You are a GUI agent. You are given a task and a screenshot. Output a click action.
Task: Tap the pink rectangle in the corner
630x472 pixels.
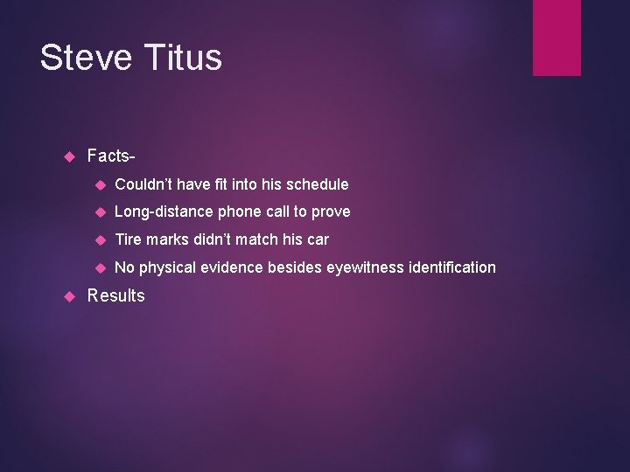pos(556,38)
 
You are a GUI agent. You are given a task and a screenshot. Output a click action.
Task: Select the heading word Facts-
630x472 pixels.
pos(111,156)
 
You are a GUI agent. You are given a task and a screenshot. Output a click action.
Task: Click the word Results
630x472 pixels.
pos(116,295)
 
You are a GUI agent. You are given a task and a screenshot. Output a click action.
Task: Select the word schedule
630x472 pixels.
pos(318,184)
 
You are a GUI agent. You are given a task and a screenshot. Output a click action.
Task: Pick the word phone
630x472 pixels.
pos(239,212)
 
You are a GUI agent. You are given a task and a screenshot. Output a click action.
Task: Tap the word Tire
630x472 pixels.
pos(128,239)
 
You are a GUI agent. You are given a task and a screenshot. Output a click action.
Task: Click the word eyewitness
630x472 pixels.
pos(366,267)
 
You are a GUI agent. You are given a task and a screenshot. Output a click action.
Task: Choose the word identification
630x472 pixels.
pos(452,267)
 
